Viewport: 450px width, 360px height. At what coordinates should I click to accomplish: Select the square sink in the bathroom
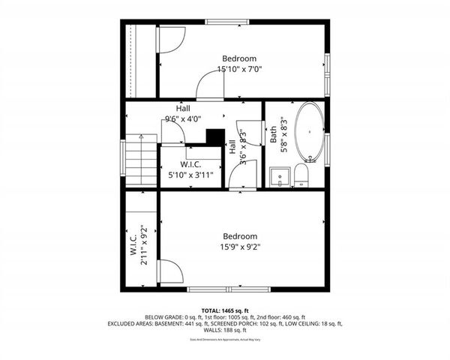[x=279, y=178]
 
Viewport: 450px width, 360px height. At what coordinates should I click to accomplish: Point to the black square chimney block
[x=215, y=137]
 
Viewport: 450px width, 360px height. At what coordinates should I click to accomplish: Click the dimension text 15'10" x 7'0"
[x=239, y=70]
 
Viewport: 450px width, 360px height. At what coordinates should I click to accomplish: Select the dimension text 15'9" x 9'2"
[x=240, y=246]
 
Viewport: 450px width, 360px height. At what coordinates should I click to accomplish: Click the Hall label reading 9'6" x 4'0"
[x=183, y=118]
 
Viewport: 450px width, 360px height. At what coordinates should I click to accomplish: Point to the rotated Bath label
[x=274, y=135]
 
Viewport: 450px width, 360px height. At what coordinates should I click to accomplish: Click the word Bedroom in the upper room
[x=239, y=58]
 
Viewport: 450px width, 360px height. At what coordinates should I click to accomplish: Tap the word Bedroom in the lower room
[x=240, y=235]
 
